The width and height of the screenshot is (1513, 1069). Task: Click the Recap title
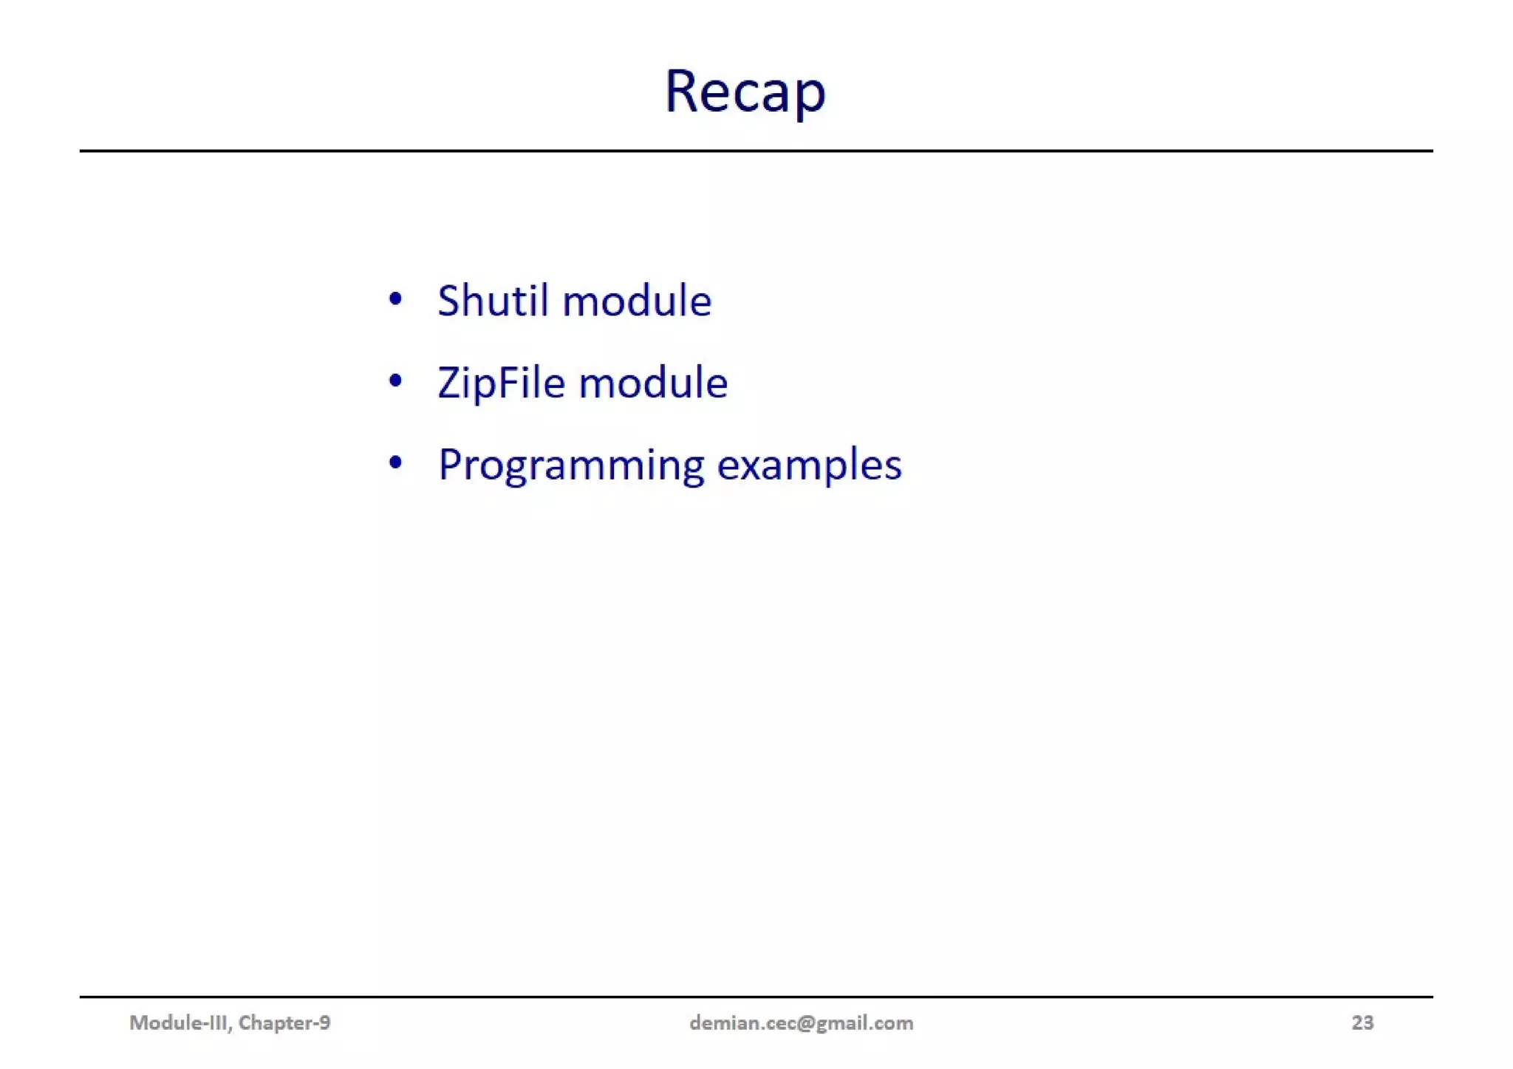[x=745, y=92]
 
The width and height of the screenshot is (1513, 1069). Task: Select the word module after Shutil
[x=637, y=301]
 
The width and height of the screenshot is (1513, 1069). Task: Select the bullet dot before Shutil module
[x=395, y=299]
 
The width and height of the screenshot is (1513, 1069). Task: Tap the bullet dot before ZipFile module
[x=395, y=381]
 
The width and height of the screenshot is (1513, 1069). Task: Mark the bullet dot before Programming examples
[x=395, y=463]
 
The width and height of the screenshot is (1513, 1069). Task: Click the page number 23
[x=1362, y=1022]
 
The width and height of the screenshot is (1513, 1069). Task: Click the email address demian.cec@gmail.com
[x=801, y=1022]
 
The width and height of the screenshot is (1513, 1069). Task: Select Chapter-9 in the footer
[x=284, y=1022]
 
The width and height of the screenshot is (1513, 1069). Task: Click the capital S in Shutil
[x=449, y=301]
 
